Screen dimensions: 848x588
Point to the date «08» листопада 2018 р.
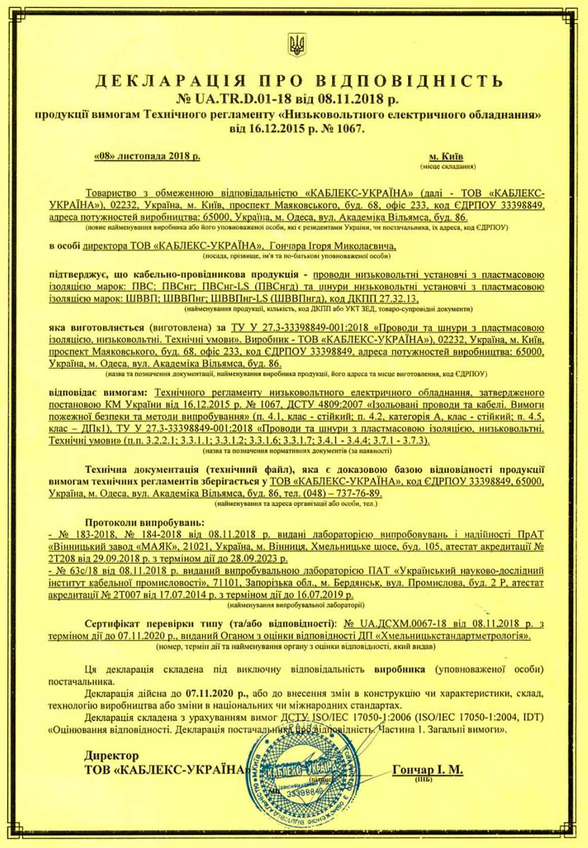147,157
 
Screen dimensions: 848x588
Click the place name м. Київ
446,157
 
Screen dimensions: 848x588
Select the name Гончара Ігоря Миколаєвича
333,246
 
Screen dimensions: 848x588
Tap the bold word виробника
400,669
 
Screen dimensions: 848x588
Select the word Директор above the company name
111,756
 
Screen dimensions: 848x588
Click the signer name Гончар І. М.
427,770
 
